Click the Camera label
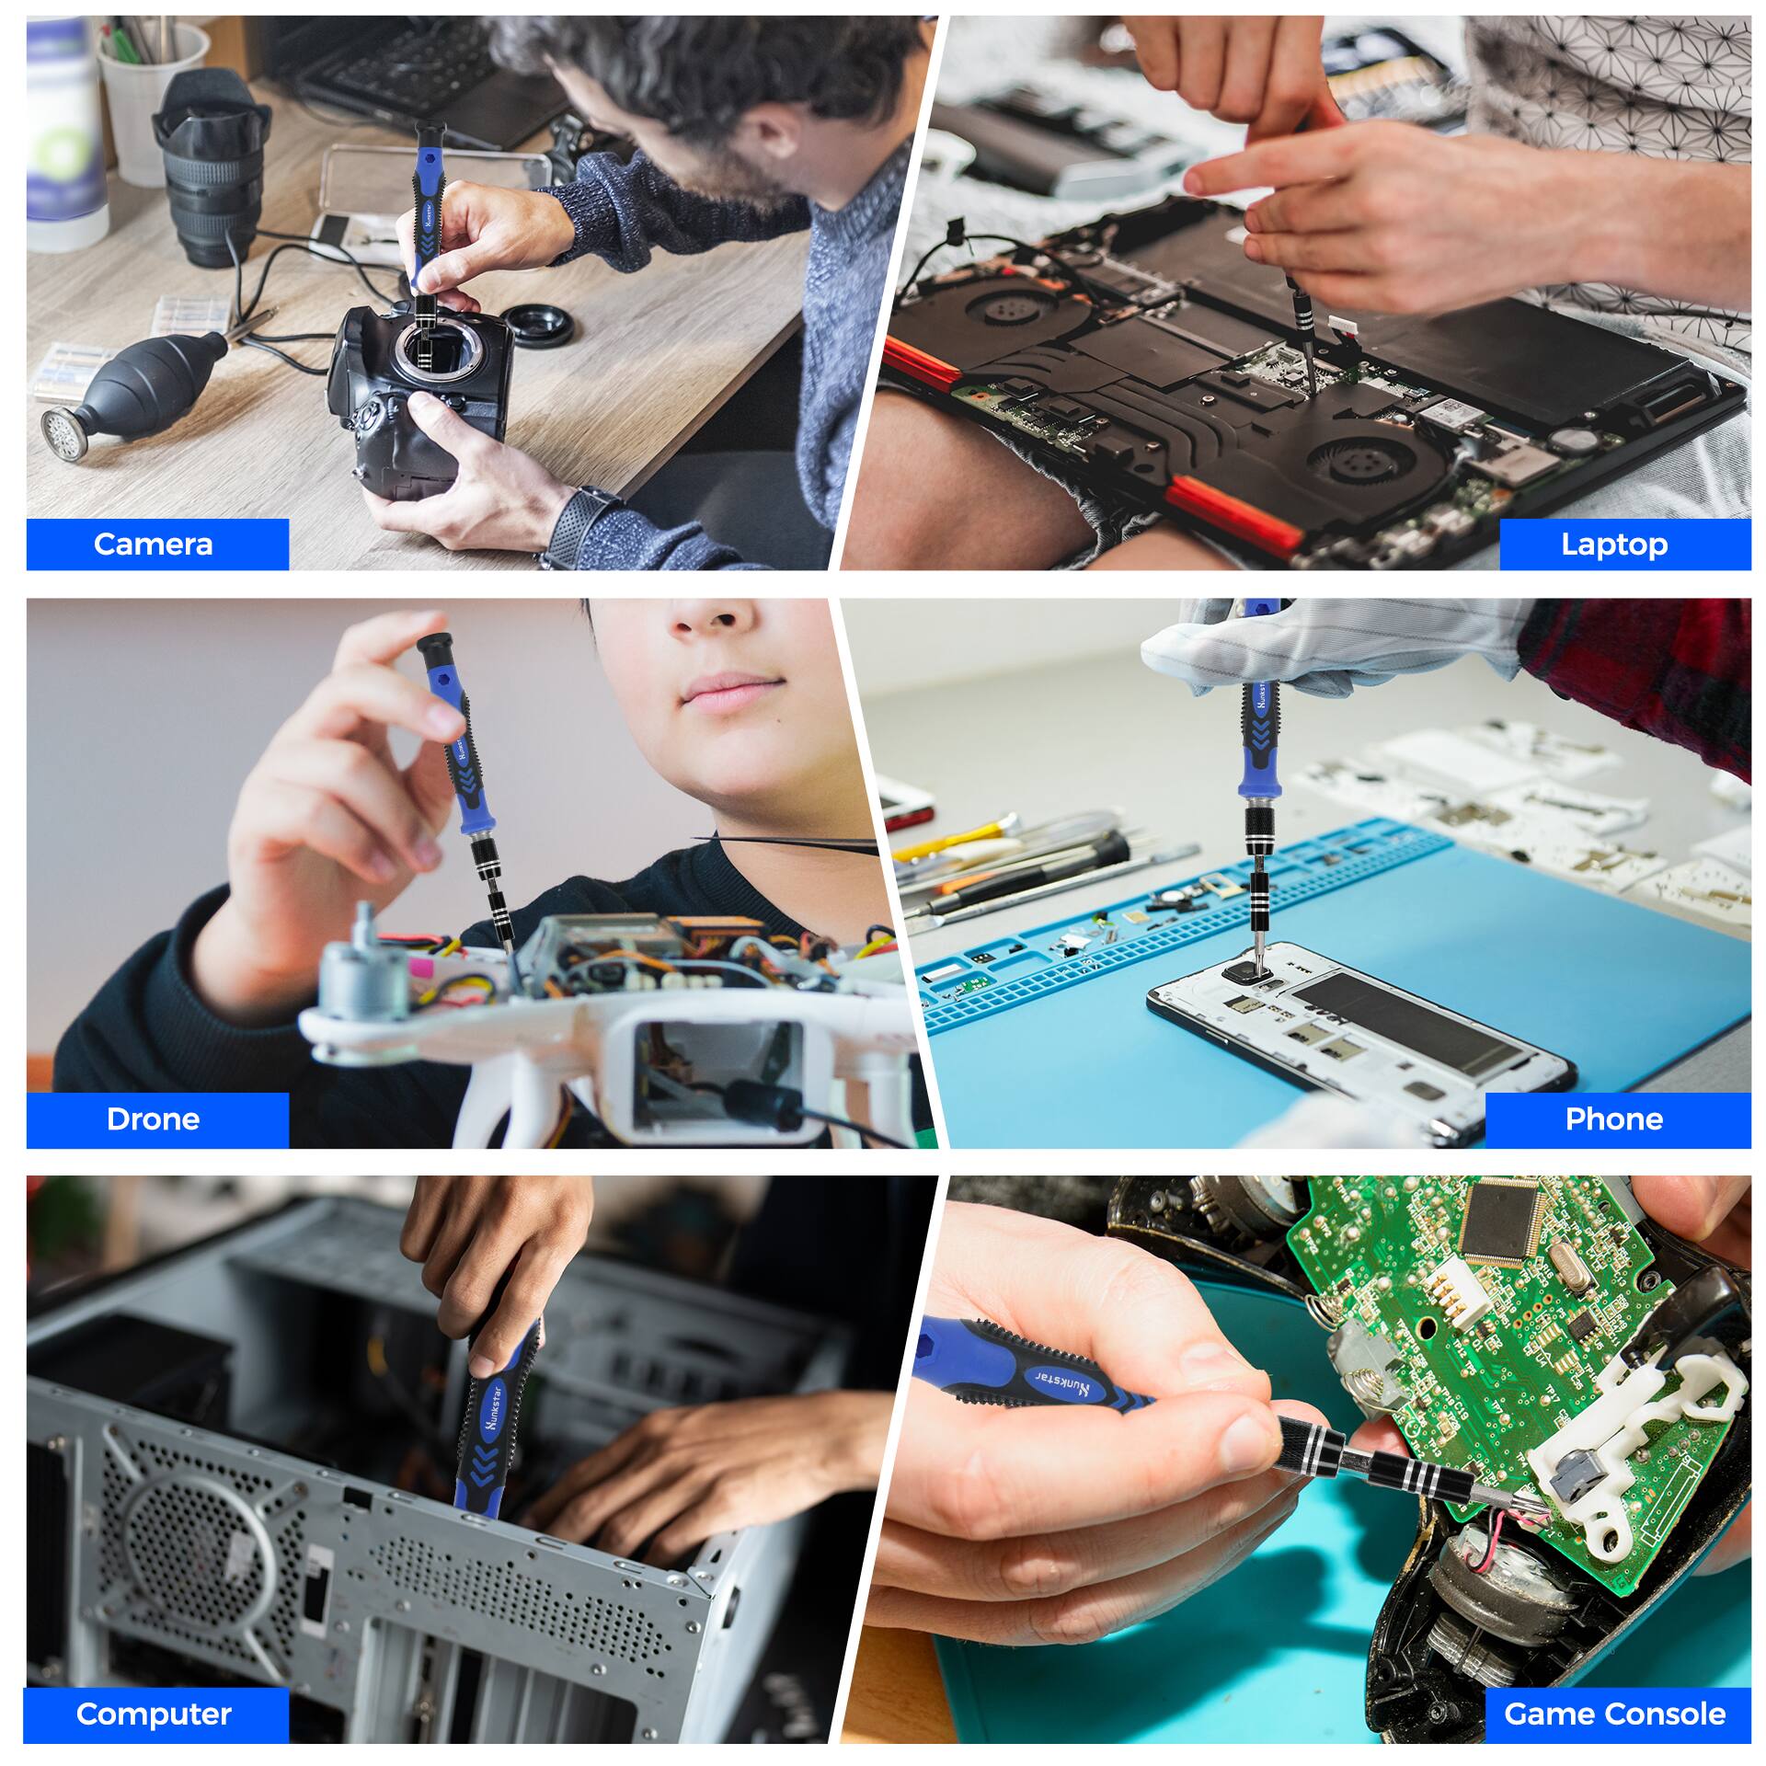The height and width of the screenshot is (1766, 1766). click(153, 544)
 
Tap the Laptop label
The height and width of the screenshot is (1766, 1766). click(1613, 544)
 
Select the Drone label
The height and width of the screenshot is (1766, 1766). click(153, 1118)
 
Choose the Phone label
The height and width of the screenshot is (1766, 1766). click(1613, 1118)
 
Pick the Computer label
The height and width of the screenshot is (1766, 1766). click(154, 1688)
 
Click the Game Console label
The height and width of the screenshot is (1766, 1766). click(1614, 1688)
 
